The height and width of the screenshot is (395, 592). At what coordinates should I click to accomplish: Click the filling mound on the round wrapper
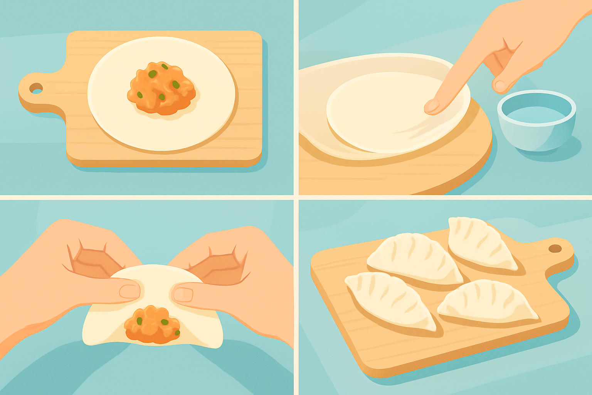pos(161,89)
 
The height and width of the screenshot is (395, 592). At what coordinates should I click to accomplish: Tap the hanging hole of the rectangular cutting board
pos(36,88)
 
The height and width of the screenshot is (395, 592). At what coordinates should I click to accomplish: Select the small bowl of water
pos(536,120)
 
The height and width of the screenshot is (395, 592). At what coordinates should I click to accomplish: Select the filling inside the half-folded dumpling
pos(152,324)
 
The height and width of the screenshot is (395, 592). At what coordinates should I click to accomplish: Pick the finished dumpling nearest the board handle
pos(482,243)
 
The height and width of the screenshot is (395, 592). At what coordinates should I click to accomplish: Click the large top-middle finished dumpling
pos(414,258)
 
